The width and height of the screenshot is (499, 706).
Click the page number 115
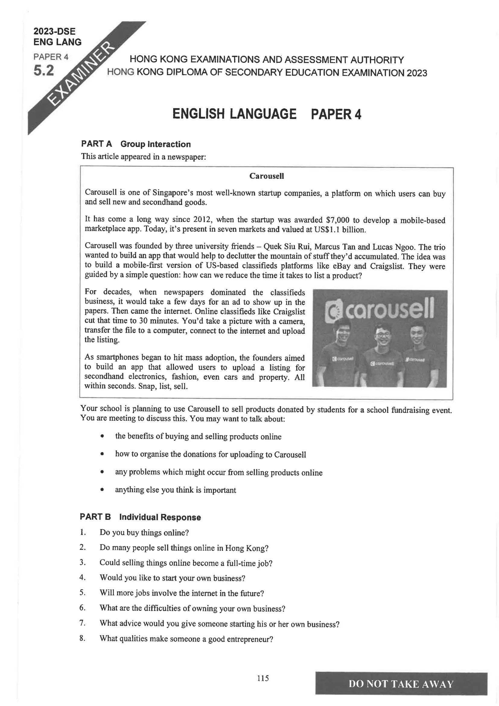(263, 678)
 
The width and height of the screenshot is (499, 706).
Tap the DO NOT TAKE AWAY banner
(401, 684)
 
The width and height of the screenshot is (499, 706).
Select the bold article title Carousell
(266, 176)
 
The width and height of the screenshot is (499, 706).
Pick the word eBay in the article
(342, 266)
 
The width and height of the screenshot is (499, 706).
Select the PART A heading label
(97, 144)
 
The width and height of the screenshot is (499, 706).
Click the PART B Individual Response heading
(140, 517)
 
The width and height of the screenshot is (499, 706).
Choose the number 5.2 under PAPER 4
(44, 71)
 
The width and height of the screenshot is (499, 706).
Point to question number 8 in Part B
(82, 638)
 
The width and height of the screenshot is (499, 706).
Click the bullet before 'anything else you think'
(102, 489)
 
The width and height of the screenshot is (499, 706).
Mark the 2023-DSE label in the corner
(54, 31)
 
